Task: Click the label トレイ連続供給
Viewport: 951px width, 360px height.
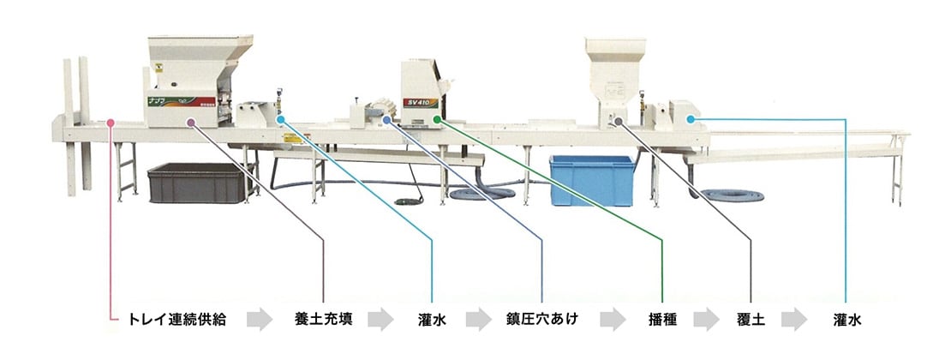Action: tap(177, 320)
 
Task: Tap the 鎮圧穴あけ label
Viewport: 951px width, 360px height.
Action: tap(542, 320)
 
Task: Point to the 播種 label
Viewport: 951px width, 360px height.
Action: tap(663, 320)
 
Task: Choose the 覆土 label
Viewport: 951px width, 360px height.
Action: tap(751, 320)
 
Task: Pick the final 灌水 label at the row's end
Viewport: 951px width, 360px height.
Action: tap(846, 320)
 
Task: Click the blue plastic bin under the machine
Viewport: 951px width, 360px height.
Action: tap(591, 179)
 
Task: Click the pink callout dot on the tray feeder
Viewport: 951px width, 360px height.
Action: tap(111, 123)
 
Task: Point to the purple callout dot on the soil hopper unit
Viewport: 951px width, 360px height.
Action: tap(190, 123)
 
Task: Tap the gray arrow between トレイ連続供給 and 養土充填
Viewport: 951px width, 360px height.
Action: tap(259, 321)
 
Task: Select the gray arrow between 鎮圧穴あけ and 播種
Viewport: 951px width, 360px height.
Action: tap(613, 321)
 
